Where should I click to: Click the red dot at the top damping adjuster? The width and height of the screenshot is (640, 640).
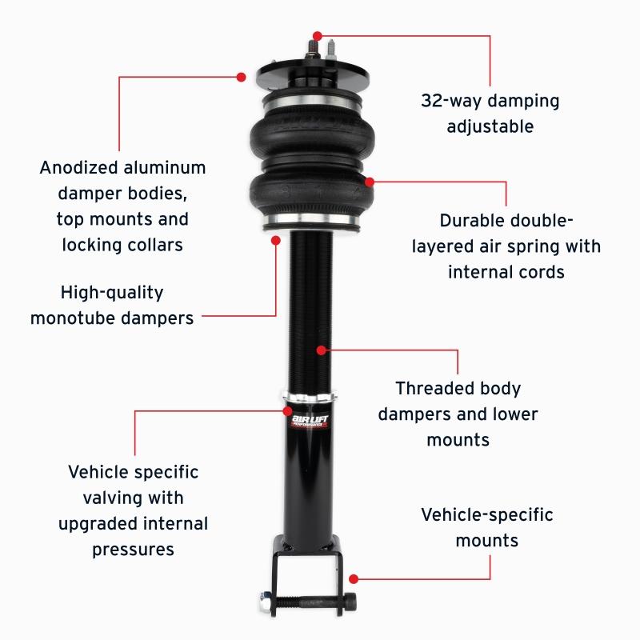point(318,36)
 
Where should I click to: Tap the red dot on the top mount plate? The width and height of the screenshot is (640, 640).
point(241,77)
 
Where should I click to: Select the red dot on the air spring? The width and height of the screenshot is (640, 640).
point(370,182)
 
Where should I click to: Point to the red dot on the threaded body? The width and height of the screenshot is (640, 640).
point(320,350)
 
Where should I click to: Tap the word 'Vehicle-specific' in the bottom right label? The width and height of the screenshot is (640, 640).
point(486,514)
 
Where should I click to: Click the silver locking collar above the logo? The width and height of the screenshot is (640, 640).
point(310,398)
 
